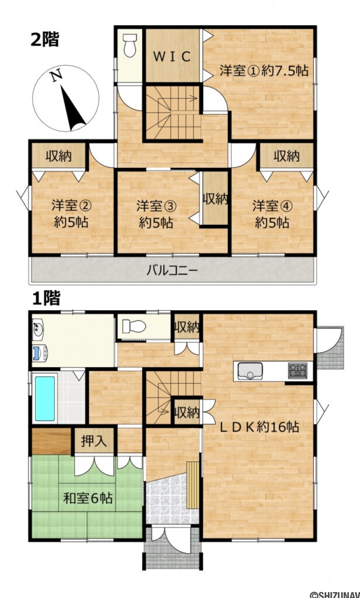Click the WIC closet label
(x=172, y=57)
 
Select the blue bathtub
(x=45, y=398)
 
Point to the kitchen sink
(x=252, y=370)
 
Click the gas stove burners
(x=298, y=370)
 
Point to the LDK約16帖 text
(x=259, y=427)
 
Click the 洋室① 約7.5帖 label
(x=264, y=71)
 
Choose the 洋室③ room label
(x=156, y=214)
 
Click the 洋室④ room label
(x=272, y=214)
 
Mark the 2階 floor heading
(x=44, y=40)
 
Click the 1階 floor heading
(x=44, y=298)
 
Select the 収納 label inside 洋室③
(x=214, y=199)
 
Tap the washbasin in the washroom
(x=37, y=327)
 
